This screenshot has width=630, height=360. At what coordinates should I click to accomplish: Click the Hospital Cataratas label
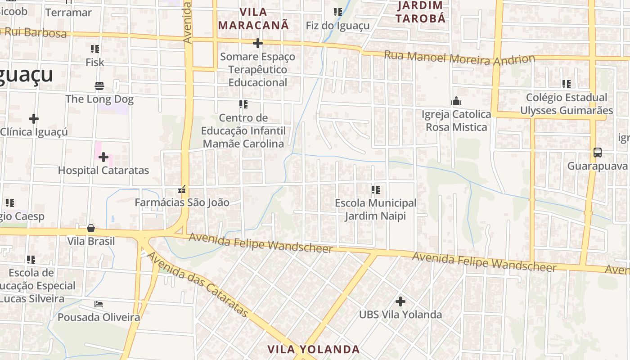(x=103, y=171)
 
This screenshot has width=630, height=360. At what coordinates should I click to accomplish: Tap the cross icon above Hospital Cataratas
(x=103, y=157)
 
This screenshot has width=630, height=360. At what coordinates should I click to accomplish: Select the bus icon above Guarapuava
(x=597, y=153)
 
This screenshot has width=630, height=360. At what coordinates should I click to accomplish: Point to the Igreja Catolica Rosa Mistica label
(x=456, y=121)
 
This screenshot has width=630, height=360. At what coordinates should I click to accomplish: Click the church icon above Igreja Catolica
(x=456, y=101)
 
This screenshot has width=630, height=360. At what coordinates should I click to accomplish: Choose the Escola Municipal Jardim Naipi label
(x=375, y=209)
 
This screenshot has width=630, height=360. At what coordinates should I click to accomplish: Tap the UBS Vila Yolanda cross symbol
(x=400, y=301)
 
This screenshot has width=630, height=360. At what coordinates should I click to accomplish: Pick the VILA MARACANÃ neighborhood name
(x=253, y=18)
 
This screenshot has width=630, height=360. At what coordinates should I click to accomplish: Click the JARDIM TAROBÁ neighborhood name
(x=421, y=12)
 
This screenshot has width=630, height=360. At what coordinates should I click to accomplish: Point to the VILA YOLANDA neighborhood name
(x=313, y=349)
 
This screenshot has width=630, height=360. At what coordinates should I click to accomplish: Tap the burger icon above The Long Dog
(x=99, y=85)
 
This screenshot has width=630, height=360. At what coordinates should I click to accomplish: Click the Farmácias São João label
(x=182, y=202)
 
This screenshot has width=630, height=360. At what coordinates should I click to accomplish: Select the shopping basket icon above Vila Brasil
(x=91, y=228)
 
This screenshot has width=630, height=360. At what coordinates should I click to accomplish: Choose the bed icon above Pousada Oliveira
(x=99, y=304)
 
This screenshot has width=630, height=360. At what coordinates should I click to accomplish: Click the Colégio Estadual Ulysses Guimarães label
(x=566, y=104)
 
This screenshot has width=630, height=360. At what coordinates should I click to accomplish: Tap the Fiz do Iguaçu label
(x=337, y=26)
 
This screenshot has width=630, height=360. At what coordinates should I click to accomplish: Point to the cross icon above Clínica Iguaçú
(x=34, y=119)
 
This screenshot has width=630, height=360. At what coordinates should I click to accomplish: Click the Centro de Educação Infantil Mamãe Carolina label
(x=243, y=130)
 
